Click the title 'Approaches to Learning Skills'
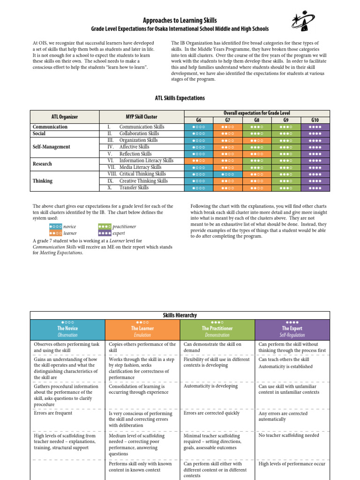pos(180,20)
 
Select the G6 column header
pos(199,120)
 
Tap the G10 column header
pos(315,120)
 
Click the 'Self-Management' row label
pos(52,147)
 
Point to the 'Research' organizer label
pos(43,164)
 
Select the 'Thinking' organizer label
pos(43,180)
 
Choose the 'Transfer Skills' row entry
pos(134,187)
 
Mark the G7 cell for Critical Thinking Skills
pos(228,174)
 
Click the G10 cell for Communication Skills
pos(315,127)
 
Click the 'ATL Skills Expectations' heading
pos(180,98)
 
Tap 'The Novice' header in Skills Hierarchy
pos(67,329)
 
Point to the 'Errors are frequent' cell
pos(53,413)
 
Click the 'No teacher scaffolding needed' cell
pos(289,435)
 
